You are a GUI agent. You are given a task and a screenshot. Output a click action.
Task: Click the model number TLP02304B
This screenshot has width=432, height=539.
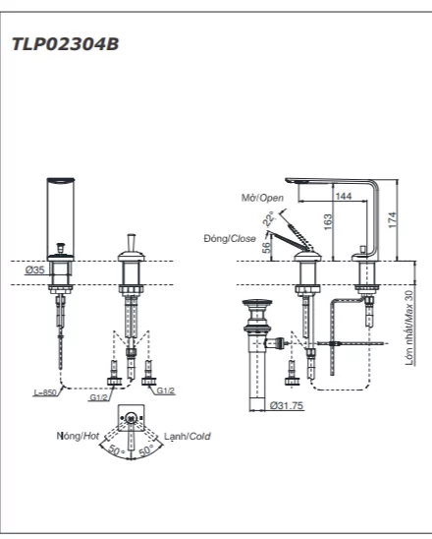tap(65, 44)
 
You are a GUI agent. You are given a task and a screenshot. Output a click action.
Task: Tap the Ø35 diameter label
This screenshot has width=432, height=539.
tap(35, 270)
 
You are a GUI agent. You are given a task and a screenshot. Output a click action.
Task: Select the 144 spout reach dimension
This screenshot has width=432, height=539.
tap(344, 196)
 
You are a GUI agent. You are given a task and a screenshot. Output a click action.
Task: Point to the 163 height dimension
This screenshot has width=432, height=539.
tap(328, 221)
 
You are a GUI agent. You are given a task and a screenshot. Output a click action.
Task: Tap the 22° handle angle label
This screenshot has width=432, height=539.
tap(269, 218)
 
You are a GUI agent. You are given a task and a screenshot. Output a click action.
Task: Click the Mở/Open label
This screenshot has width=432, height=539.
tap(262, 198)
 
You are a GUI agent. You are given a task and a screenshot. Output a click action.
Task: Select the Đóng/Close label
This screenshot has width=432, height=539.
tap(230, 238)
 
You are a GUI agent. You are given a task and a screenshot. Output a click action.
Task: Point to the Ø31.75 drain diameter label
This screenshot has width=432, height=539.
tap(287, 405)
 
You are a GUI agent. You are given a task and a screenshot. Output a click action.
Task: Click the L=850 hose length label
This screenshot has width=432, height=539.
tap(45, 392)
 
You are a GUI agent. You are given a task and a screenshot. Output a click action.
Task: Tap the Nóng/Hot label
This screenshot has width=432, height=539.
tap(78, 436)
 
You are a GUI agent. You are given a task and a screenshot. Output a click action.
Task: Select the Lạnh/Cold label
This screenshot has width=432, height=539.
tap(188, 437)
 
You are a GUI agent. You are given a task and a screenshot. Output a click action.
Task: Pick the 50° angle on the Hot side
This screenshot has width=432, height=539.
tap(117, 449)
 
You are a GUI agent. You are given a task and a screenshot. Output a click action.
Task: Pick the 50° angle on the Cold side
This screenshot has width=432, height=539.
tap(146, 449)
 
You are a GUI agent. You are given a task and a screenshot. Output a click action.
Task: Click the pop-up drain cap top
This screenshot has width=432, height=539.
tap(257, 303)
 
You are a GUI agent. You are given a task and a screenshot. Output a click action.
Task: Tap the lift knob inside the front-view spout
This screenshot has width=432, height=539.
tap(61, 248)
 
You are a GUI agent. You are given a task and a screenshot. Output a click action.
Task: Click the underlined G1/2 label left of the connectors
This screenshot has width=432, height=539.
tap(98, 397)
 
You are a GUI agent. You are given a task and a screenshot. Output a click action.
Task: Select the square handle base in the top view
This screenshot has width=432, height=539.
tap(131, 417)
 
